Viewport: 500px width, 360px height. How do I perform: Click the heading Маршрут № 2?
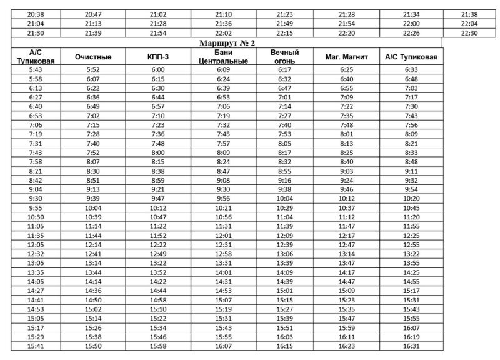coord(226,43)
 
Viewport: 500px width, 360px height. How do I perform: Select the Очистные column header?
coord(92,57)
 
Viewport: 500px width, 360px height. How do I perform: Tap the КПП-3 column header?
coord(157,57)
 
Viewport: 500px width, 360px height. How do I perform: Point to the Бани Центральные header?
coord(223,57)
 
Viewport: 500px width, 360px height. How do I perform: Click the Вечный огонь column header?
coord(284,57)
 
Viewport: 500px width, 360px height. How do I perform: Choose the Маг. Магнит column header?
coord(346,57)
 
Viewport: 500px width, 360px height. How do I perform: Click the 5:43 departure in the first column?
coord(35,70)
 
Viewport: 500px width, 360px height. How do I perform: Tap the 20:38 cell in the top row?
coord(35,13)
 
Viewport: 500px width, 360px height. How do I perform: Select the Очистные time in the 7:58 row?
coord(92,160)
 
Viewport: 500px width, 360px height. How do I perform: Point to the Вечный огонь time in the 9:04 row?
coord(284,188)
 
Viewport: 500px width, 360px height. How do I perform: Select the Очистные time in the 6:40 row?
coord(92,107)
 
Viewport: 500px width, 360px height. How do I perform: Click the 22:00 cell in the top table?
coord(411,23)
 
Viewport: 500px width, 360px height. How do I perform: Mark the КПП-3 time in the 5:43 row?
coord(157,70)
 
